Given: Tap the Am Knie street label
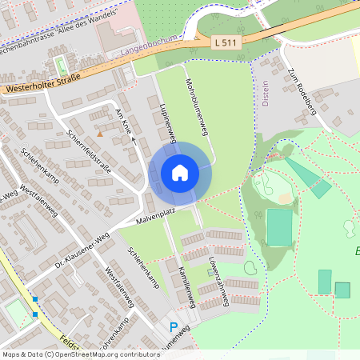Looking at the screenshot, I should [124, 119].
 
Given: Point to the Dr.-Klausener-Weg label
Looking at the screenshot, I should [81, 249].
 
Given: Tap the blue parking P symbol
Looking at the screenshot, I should [174, 326].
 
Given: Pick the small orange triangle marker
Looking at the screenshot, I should [100, 134].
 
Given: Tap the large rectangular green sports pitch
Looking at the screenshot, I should [279, 227].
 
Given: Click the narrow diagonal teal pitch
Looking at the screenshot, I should [309, 178].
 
